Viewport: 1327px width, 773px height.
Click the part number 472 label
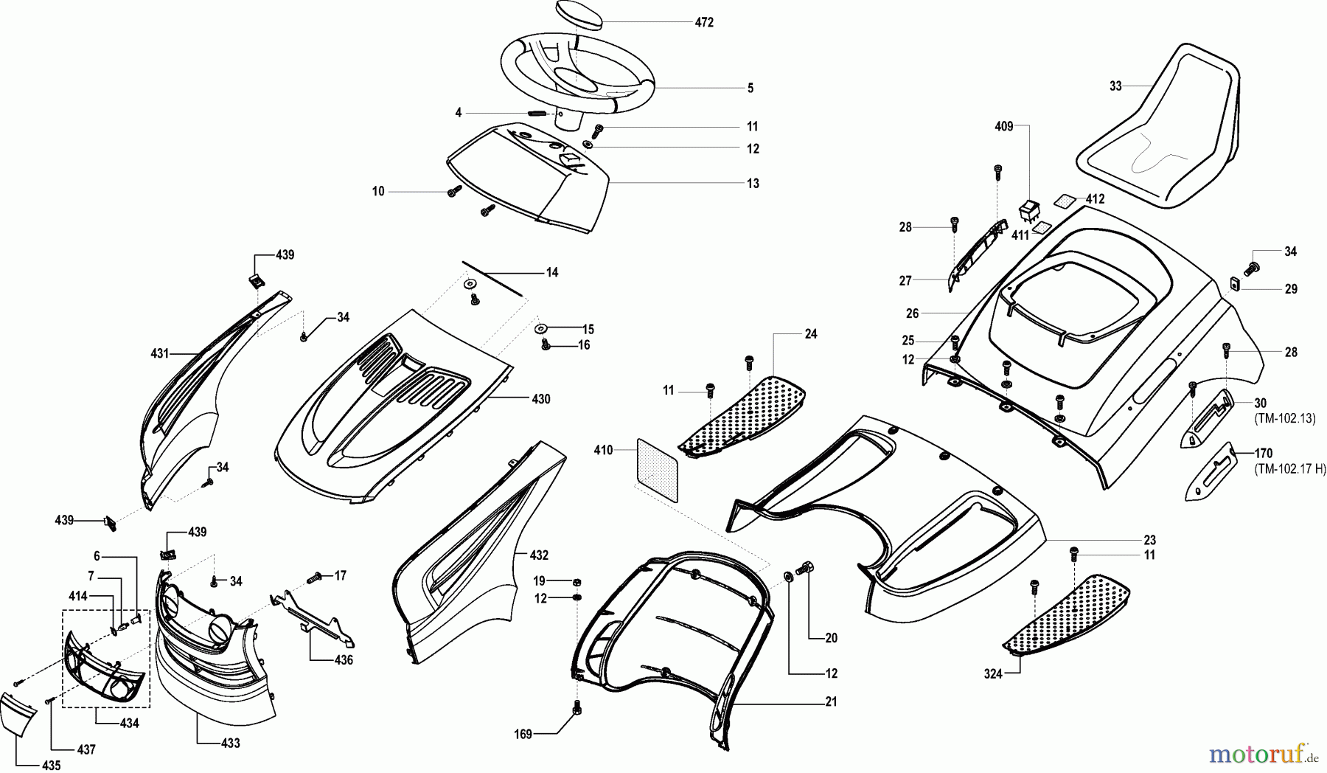point(704,23)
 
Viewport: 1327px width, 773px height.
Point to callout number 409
point(1004,126)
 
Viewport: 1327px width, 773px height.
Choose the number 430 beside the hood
point(540,399)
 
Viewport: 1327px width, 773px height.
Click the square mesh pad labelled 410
point(657,470)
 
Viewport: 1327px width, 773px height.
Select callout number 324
point(993,673)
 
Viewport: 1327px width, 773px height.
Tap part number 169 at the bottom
point(523,733)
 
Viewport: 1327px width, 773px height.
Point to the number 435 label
point(51,766)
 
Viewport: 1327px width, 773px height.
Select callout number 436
point(344,660)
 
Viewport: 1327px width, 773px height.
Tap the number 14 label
point(552,272)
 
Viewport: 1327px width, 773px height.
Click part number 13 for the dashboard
point(753,183)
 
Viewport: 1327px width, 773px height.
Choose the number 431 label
point(160,353)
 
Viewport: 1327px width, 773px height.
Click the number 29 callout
point(1291,289)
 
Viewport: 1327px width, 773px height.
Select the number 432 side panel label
point(539,555)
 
